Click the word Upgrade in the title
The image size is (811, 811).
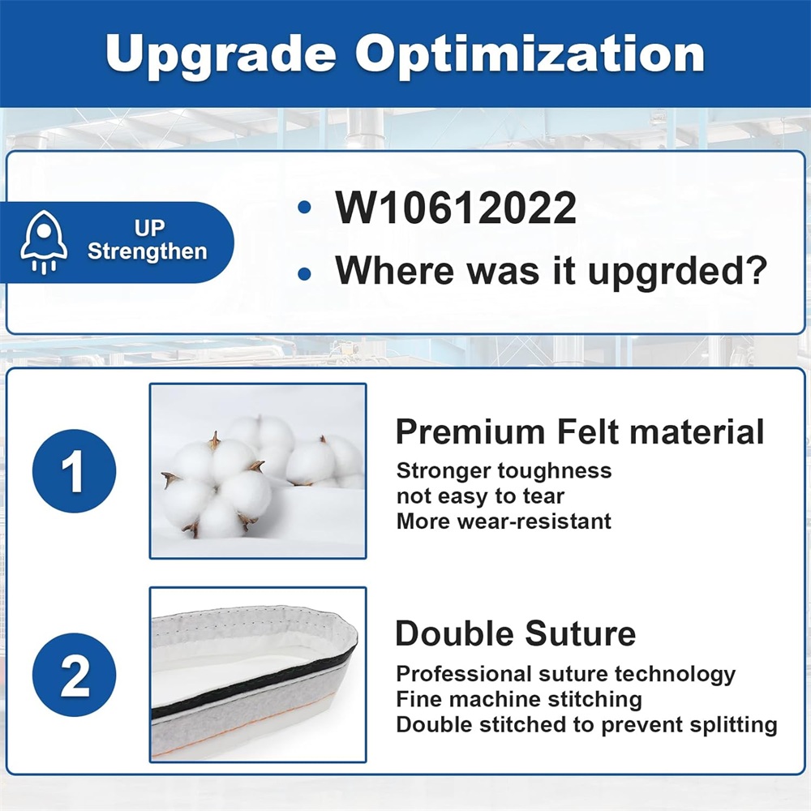tap(221, 55)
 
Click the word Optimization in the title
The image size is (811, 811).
tap(530, 55)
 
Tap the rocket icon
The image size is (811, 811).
tap(44, 242)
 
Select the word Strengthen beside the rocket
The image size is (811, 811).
tap(148, 252)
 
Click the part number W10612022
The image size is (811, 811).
tap(456, 208)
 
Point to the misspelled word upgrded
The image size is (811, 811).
tap(677, 272)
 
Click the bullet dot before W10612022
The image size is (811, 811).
tap(304, 208)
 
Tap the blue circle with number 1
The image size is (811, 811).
tap(74, 470)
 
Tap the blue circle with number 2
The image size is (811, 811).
tap(74, 675)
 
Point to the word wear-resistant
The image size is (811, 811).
tap(534, 521)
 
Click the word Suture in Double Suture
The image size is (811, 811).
tap(581, 634)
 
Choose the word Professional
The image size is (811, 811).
tap(464, 674)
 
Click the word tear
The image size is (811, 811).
tap(543, 496)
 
